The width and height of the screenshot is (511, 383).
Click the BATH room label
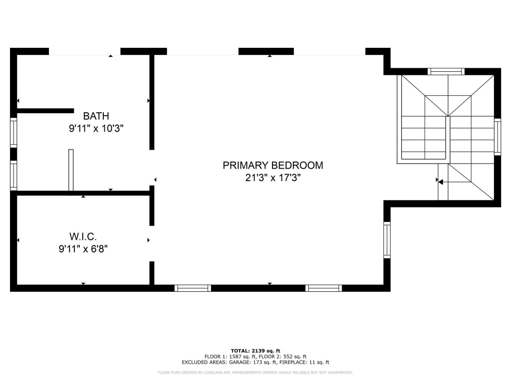[96, 116]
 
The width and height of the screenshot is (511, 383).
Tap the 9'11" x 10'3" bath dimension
[96, 128]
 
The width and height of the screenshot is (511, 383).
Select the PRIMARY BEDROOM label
[272, 165]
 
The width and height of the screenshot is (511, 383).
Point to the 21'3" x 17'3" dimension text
[272, 178]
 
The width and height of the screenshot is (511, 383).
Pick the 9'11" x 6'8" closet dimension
[83, 248]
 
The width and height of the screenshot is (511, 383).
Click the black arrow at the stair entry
[441, 182]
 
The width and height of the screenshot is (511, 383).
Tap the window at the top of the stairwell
[447, 71]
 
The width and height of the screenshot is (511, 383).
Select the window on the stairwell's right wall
[497, 136]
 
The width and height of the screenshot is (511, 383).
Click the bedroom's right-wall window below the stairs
[387, 240]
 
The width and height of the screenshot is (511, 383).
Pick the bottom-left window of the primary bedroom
[193, 288]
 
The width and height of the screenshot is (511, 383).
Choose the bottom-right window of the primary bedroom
[323, 288]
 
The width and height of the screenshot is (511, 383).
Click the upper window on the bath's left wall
[14, 132]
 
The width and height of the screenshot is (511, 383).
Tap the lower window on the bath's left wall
[14, 176]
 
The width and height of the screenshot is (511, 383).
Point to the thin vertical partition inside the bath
[71, 170]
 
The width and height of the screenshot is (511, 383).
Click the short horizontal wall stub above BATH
[45, 111]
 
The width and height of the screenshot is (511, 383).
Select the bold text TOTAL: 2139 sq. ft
[255, 351]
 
